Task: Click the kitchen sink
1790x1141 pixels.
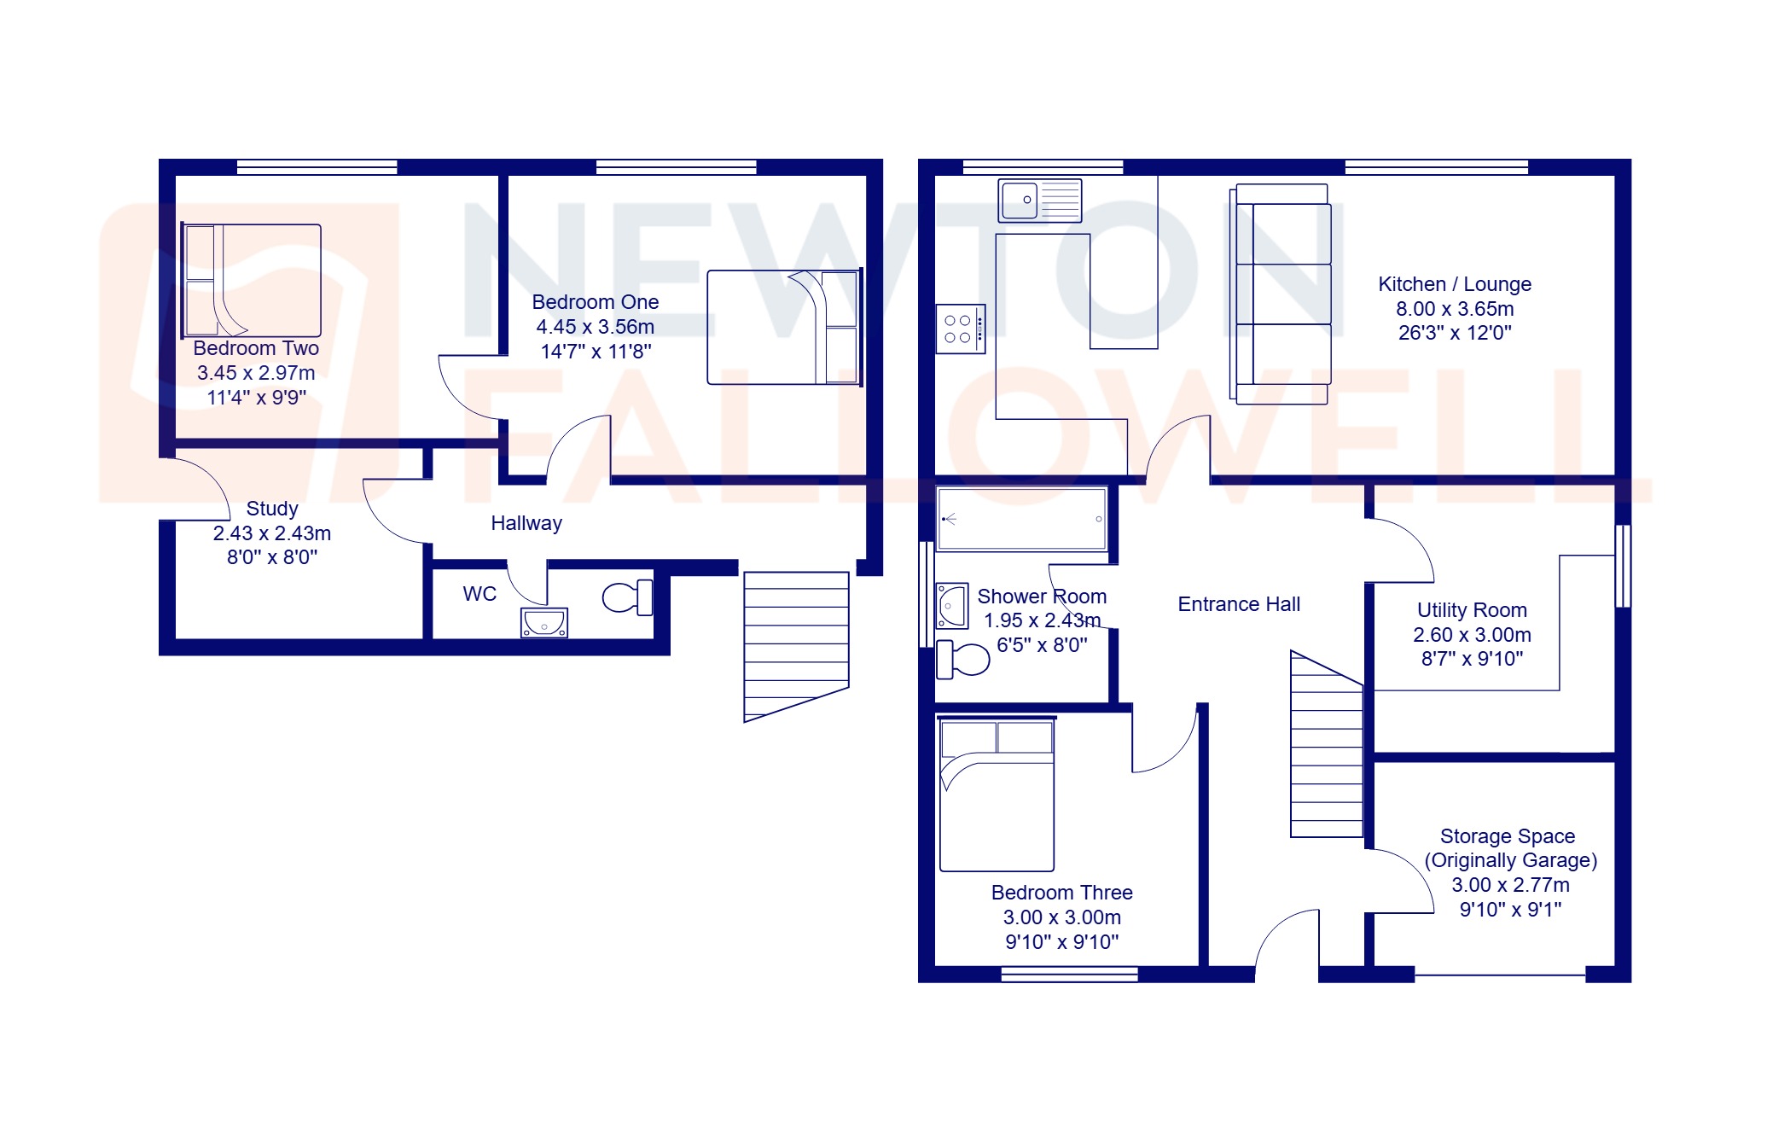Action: point(1039,201)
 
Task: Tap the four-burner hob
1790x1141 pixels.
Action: point(960,329)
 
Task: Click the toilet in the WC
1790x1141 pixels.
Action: point(628,597)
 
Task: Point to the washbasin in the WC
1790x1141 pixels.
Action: point(544,622)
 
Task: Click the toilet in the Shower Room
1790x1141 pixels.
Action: point(963,659)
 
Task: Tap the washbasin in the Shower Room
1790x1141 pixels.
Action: point(951,606)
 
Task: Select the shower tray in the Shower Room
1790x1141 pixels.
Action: point(1021,519)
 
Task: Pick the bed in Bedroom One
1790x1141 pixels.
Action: point(783,327)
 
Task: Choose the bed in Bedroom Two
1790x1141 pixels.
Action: point(252,281)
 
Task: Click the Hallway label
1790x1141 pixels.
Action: point(526,523)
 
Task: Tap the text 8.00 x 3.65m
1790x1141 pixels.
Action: point(1454,309)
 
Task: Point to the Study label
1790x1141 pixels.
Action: point(272,509)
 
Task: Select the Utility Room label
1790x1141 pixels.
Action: point(1472,610)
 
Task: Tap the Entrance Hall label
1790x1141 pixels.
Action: point(1239,604)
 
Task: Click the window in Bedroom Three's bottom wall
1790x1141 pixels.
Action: point(1069,974)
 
